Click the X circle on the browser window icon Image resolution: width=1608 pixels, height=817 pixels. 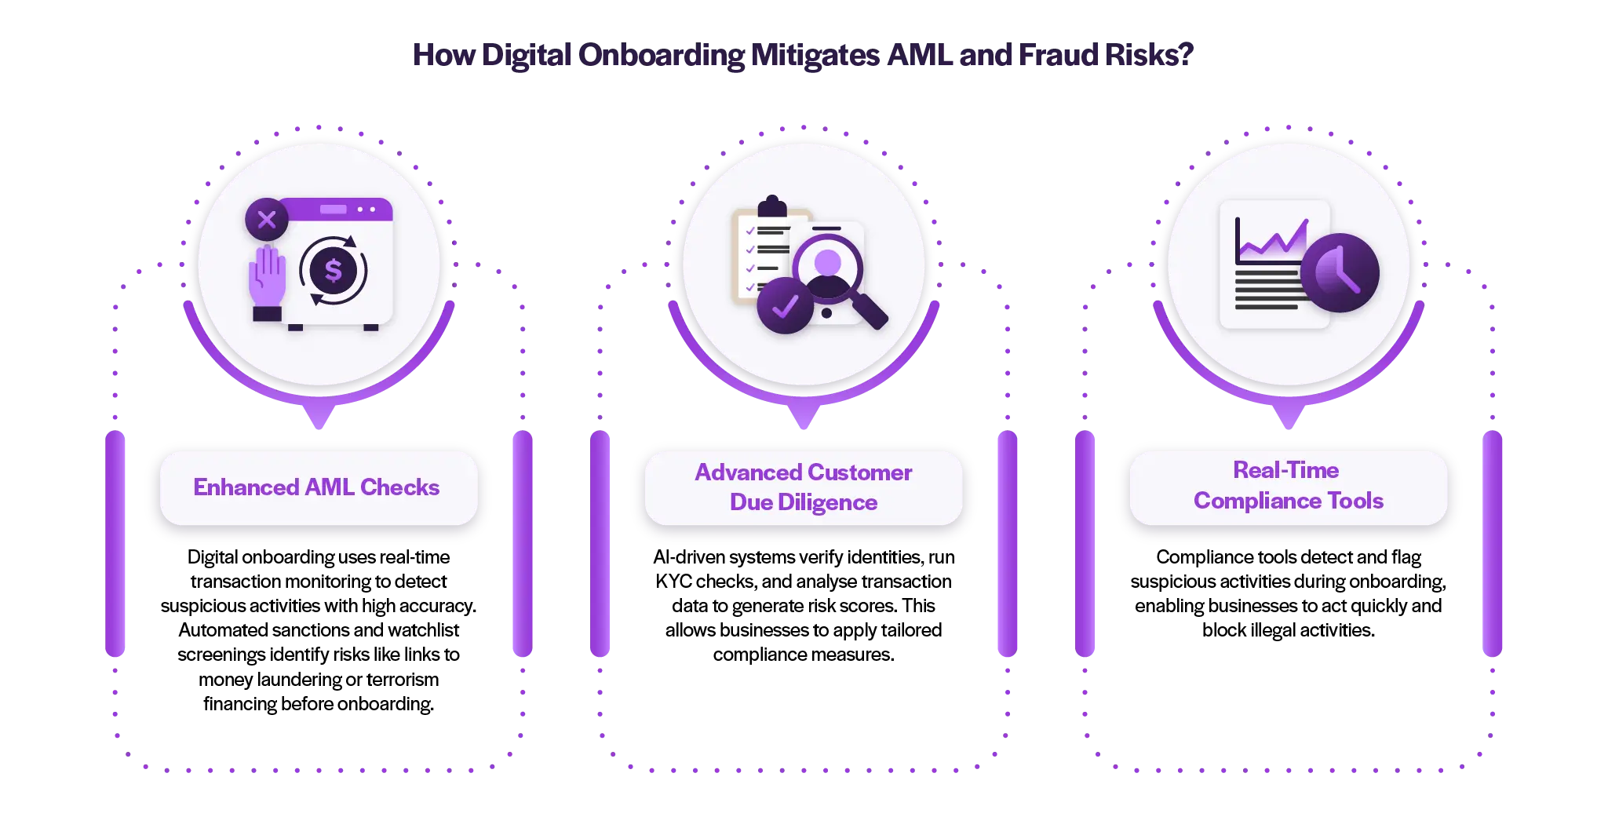coord(267,220)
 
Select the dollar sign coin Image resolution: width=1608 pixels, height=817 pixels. coord(334,270)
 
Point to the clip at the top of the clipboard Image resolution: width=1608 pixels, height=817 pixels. coord(772,206)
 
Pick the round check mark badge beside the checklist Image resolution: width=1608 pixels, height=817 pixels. coord(785,305)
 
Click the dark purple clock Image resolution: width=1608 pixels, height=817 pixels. coord(1340,272)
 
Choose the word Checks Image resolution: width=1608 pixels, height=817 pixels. coord(399,487)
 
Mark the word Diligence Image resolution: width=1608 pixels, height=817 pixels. coord(827,502)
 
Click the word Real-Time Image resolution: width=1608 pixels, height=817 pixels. coord(1285,470)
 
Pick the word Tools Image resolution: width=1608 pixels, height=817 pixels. coord(1355,501)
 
